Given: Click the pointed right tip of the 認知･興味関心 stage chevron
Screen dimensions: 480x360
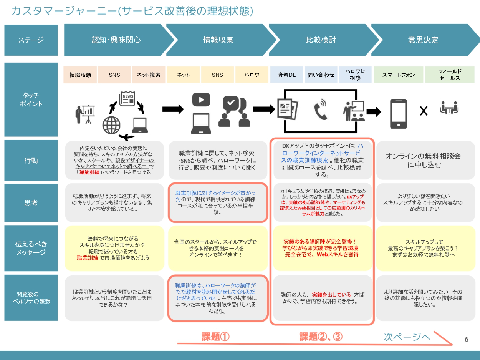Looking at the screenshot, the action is tap(174, 40).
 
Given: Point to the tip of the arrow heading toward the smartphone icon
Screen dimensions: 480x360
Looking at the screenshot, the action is tap(381, 112).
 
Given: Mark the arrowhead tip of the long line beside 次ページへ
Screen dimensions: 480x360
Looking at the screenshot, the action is tap(452, 345).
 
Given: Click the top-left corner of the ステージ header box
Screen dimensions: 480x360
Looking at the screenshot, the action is tap(4, 25).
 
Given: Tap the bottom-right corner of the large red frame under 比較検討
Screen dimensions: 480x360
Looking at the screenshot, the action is tap(374, 325).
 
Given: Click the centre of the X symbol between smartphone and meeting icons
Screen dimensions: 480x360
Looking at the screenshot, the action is tap(424, 111).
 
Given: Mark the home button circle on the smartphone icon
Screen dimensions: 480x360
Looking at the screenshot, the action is tap(399, 125).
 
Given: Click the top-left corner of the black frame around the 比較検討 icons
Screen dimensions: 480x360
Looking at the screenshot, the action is tap(284, 89).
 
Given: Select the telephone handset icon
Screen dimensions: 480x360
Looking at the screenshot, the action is tap(321, 110).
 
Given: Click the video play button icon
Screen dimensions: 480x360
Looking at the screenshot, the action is tap(201, 100).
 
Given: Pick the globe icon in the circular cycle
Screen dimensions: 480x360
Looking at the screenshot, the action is tap(111, 125).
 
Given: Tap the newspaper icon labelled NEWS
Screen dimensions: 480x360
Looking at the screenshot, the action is tap(127, 99).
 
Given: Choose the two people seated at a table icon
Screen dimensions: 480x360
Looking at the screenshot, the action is tap(449, 108).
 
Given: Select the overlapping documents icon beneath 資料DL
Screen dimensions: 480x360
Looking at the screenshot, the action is tap(287, 109).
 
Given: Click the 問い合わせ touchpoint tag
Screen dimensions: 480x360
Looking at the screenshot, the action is tap(321, 75).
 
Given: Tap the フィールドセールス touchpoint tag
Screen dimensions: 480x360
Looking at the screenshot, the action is tap(450, 75).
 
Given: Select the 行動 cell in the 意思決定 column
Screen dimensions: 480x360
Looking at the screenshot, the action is tap(425, 160).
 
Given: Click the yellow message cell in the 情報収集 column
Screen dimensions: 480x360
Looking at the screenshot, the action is tap(218, 249).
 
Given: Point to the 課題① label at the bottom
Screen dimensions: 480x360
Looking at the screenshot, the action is tap(216, 337).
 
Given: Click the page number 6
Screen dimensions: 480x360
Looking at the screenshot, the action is tap(466, 339).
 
